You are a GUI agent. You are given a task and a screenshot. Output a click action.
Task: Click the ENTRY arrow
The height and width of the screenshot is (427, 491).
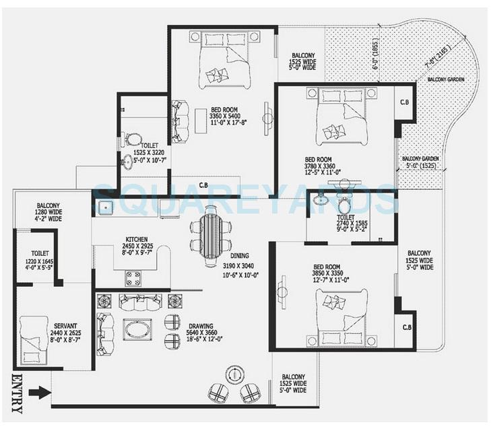coord(40,392)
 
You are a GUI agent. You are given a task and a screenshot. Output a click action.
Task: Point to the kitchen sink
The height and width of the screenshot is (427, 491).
coord(104,207)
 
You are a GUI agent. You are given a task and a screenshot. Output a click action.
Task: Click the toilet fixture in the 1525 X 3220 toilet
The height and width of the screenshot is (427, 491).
coord(134,140)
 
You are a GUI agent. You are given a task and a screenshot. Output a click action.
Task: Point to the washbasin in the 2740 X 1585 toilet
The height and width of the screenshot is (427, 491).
coord(321,199)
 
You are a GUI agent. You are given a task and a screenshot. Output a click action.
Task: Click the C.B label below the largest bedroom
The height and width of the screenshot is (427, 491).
coord(203,183)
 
